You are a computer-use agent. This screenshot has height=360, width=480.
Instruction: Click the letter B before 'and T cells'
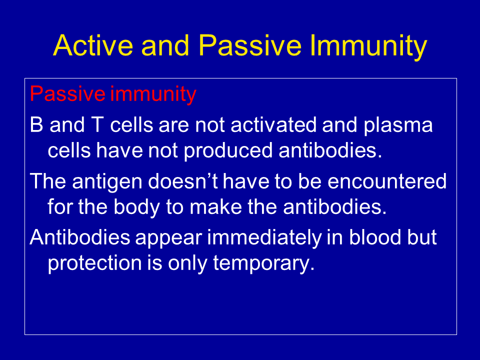click(36, 125)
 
